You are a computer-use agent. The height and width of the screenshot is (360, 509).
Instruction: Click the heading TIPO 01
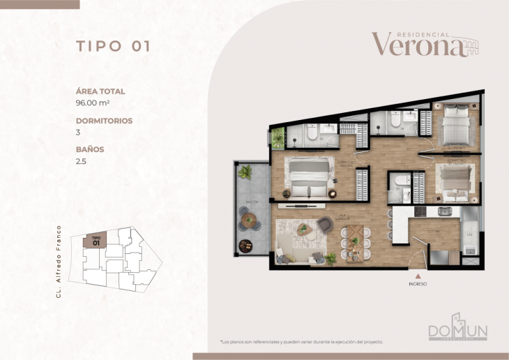point(113,47)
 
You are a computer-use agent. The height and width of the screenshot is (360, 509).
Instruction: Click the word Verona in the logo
point(417,45)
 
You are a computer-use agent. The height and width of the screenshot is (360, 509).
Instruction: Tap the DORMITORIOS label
point(104,120)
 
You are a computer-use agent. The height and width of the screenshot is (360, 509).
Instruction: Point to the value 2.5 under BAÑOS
point(81,160)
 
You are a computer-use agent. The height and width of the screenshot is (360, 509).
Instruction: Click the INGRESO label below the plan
point(418,284)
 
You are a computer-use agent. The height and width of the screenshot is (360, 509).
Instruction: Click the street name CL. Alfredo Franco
point(60,262)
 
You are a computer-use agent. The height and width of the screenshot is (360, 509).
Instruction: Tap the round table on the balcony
point(250,223)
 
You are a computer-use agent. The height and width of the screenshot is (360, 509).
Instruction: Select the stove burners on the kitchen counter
point(420,211)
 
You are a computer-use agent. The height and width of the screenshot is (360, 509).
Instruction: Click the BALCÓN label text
point(252,202)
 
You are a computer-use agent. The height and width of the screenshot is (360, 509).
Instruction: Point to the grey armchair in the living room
point(325,224)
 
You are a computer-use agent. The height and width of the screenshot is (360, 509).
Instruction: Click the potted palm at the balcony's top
point(245,172)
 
